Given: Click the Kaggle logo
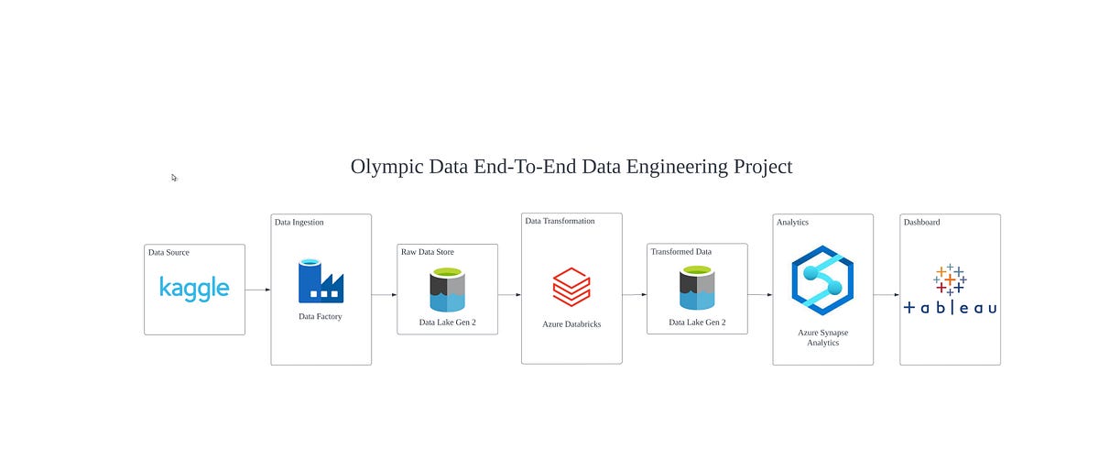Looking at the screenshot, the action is (x=194, y=288).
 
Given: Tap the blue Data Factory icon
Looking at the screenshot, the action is (x=321, y=281).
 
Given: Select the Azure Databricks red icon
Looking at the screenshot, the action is (x=571, y=286).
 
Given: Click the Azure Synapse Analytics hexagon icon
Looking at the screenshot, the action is (x=822, y=280).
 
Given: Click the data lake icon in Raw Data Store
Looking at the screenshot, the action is (x=447, y=289).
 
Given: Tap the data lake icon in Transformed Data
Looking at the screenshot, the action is (x=697, y=289).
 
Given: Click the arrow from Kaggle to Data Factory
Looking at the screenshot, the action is (x=257, y=290).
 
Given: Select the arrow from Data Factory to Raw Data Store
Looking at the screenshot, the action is (x=384, y=294).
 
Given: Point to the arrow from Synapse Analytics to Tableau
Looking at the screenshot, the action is (x=886, y=294).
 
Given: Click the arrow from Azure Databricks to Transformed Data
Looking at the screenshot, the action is (x=634, y=294).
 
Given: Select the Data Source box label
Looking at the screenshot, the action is (x=169, y=252).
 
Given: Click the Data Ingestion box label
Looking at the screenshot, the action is (x=299, y=222).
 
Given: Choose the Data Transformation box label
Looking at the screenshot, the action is (x=560, y=221).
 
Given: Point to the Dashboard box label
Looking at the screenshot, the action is (x=921, y=222).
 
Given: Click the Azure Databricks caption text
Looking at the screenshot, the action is (x=571, y=324).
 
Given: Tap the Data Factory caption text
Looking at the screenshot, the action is (x=321, y=316).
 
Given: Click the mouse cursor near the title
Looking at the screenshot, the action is (x=174, y=178).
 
